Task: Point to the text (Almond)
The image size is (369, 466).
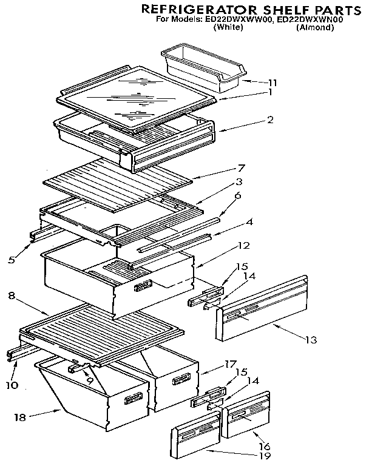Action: [x=316, y=27]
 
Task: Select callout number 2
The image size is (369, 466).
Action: [x=270, y=120]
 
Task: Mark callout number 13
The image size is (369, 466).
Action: [x=311, y=339]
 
